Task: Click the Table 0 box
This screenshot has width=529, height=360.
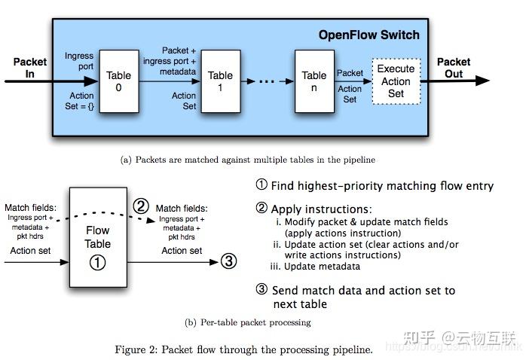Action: pos(118,81)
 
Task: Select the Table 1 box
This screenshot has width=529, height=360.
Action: pos(220,81)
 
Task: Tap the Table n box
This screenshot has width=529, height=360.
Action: pos(313,81)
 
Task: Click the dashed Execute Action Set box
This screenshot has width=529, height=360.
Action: pos(396,81)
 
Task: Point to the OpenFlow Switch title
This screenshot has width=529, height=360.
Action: pos(368,35)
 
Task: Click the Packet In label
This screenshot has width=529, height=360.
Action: pos(29,68)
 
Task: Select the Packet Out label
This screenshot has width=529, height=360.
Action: pos(454,68)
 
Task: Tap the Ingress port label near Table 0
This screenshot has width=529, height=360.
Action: pos(79,62)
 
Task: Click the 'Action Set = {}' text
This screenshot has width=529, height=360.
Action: pos(79,101)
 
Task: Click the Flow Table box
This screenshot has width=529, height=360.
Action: pos(98,236)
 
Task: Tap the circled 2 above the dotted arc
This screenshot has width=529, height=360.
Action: pos(140,205)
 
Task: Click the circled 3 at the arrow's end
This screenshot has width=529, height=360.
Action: pos(228,261)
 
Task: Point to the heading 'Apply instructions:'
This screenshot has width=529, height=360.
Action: pos(321,209)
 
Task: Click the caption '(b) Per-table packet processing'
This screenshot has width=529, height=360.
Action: pos(248,322)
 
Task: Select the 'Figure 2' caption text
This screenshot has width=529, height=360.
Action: pos(243,349)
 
